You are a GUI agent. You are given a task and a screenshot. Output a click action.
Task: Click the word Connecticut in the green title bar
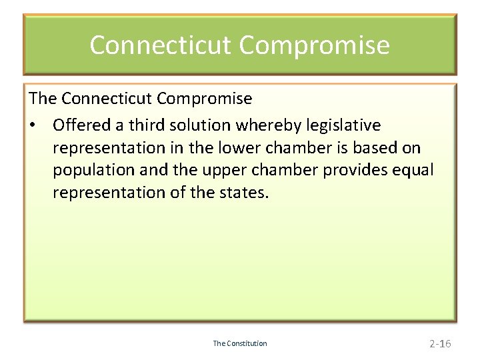pyautogui.click(x=161, y=45)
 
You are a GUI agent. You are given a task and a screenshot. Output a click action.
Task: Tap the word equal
pyautogui.click(x=412, y=170)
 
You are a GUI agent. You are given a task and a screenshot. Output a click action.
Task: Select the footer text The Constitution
pyautogui.click(x=240, y=343)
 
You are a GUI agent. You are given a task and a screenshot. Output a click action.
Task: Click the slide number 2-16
pyautogui.click(x=440, y=344)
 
